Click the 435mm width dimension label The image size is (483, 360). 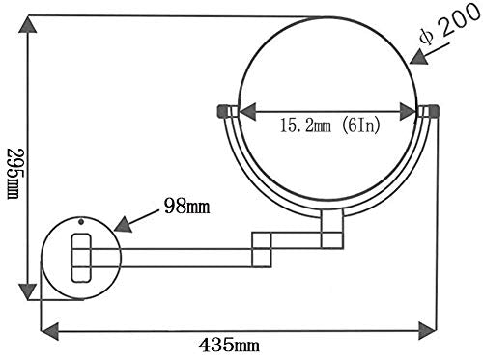229,346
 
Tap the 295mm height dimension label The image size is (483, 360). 14,174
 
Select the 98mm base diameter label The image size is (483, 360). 187,207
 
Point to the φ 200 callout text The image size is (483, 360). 450,24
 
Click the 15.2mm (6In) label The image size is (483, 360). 329,125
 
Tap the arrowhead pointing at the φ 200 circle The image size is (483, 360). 418,57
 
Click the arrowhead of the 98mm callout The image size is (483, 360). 123,224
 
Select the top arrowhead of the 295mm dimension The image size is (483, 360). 28,24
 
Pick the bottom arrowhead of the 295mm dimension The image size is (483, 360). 28,291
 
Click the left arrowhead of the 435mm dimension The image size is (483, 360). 50,331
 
